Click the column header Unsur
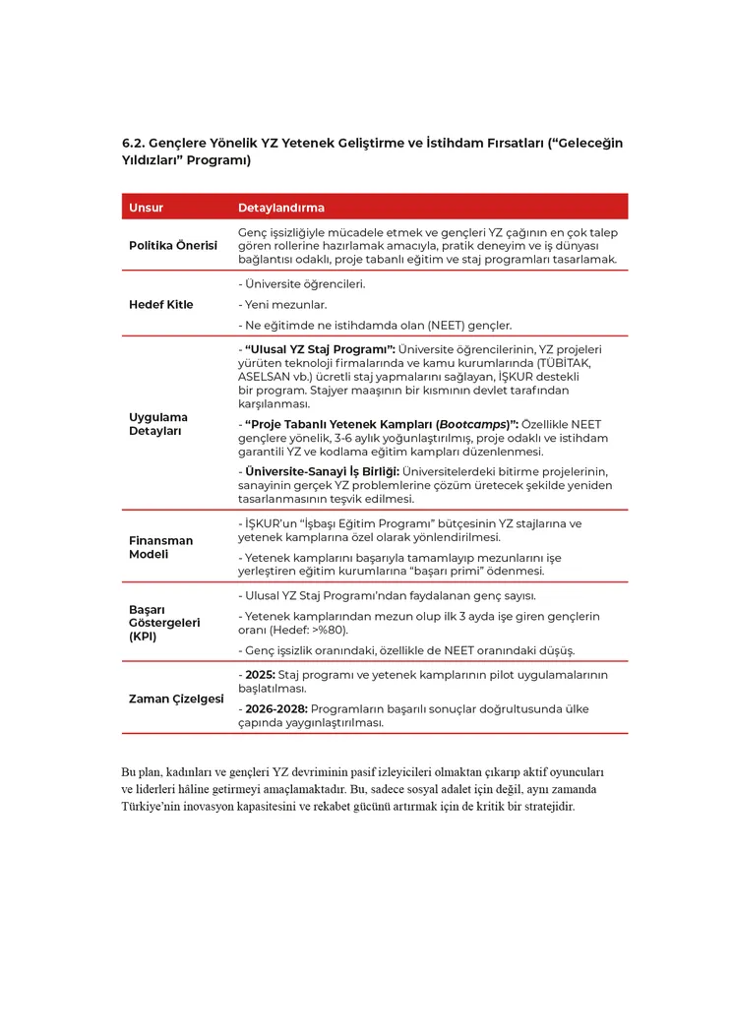(x=146, y=208)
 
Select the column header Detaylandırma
(x=281, y=208)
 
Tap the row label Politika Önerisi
(x=173, y=245)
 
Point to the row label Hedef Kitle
(x=161, y=304)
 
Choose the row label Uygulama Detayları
(x=158, y=424)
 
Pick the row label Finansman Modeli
(x=161, y=547)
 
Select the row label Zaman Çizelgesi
(x=171, y=699)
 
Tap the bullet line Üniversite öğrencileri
(x=303, y=284)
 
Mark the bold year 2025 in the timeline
(x=260, y=675)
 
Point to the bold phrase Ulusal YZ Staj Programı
(x=318, y=348)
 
